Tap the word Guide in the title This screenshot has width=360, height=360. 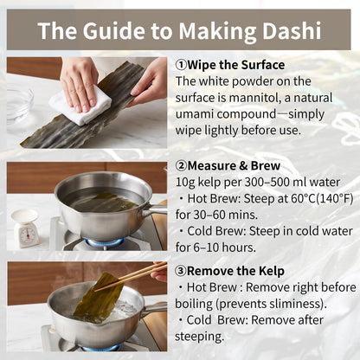pyautogui.click(x=113, y=30)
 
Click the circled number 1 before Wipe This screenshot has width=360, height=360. pyautogui.click(x=181, y=65)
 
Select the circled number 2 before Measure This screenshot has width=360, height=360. pyautogui.click(x=181, y=166)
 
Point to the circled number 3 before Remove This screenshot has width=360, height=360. pyautogui.click(x=181, y=271)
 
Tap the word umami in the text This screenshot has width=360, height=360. pyautogui.click(x=195, y=114)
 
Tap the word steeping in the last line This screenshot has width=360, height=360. pyautogui.click(x=199, y=337)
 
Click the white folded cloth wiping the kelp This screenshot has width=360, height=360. pyautogui.click(x=81, y=103)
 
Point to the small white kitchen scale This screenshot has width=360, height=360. pyautogui.click(x=26, y=228)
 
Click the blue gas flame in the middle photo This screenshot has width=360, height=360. pyautogui.click(x=106, y=242)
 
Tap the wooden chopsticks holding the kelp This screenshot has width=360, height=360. pyautogui.click(x=132, y=277)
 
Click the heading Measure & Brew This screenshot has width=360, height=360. pyautogui.click(x=234, y=166)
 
